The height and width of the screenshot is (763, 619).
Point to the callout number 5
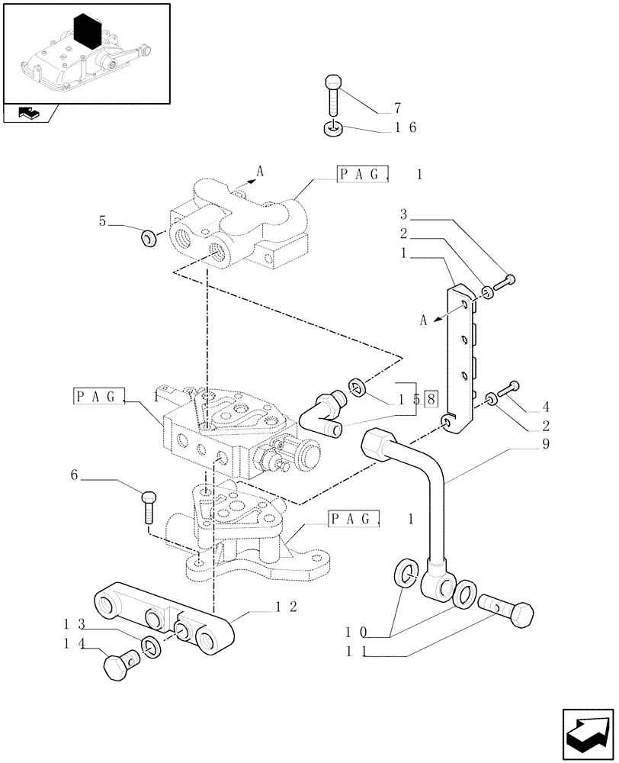(101, 222)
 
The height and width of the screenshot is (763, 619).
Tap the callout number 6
(75, 475)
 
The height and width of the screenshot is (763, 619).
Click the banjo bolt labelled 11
(505, 610)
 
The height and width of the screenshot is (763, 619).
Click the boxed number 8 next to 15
(431, 399)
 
